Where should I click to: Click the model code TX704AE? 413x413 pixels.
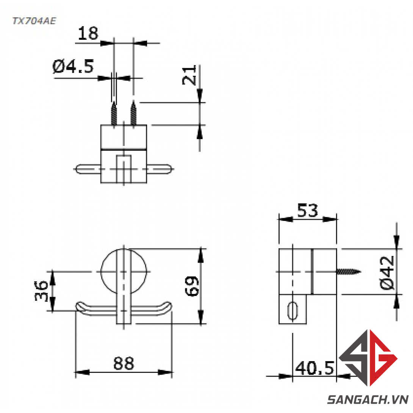point(34,21)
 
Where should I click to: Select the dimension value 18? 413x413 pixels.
point(88,33)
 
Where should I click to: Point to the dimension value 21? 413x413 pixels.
point(189,75)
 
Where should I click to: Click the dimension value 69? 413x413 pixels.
point(192,286)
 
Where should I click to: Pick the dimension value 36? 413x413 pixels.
point(41,291)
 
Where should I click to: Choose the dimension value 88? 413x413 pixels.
point(124,363)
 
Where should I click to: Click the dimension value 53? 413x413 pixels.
point(308,210)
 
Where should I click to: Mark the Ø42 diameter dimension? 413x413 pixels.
point(388,272)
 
